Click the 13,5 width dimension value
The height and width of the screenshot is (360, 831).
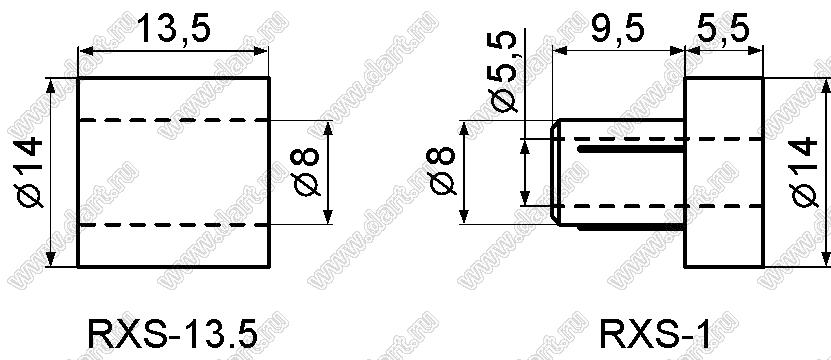point(173,29)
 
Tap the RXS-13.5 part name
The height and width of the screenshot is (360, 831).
point(172,335)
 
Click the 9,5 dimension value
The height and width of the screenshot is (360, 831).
point(617,29)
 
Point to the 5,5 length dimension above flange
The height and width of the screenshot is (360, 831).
point(723,29)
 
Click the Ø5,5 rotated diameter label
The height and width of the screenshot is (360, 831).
point(503,71)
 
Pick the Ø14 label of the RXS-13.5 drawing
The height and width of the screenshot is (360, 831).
point(29,171)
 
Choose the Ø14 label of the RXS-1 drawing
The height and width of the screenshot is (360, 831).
point(804,171)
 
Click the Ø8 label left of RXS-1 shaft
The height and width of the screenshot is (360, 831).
point(442,172)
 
